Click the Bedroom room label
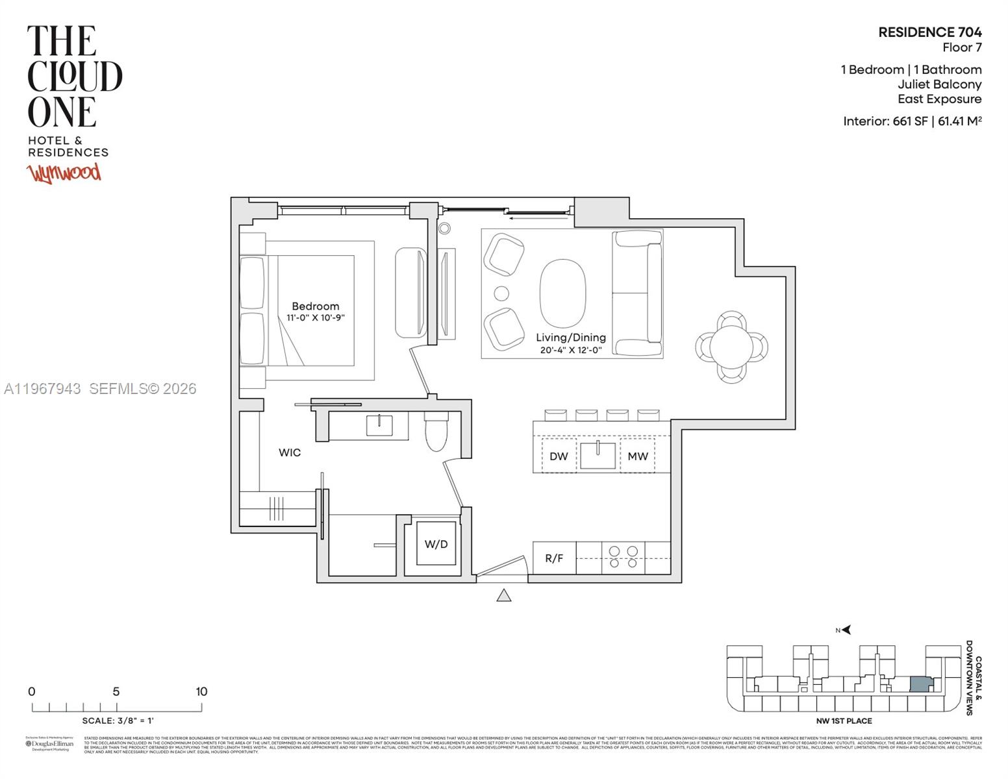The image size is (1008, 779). [315, 306]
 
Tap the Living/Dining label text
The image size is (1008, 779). [570, 338]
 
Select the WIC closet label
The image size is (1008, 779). [290, 452]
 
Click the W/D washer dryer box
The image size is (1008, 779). [436, 544]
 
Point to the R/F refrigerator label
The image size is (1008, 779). [554, 558]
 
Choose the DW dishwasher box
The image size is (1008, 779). [559, 456]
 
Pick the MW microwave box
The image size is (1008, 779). [637, 456]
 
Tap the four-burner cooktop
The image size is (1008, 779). [623, 558]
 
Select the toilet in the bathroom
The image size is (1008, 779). [436, 432]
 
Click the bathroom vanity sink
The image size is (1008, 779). [379, 426]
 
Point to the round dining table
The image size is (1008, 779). [731, 347]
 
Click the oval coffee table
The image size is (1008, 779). [563, 293]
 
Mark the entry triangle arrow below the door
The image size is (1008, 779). [504, 595]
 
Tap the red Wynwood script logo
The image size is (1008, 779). [64, 173]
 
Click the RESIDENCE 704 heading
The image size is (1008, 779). [929, 32]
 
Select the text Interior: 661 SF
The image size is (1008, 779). [885, 121]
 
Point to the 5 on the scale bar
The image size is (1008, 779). [116, 692]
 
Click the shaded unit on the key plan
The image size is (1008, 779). [920, 685]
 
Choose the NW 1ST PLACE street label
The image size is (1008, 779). [844, 721]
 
